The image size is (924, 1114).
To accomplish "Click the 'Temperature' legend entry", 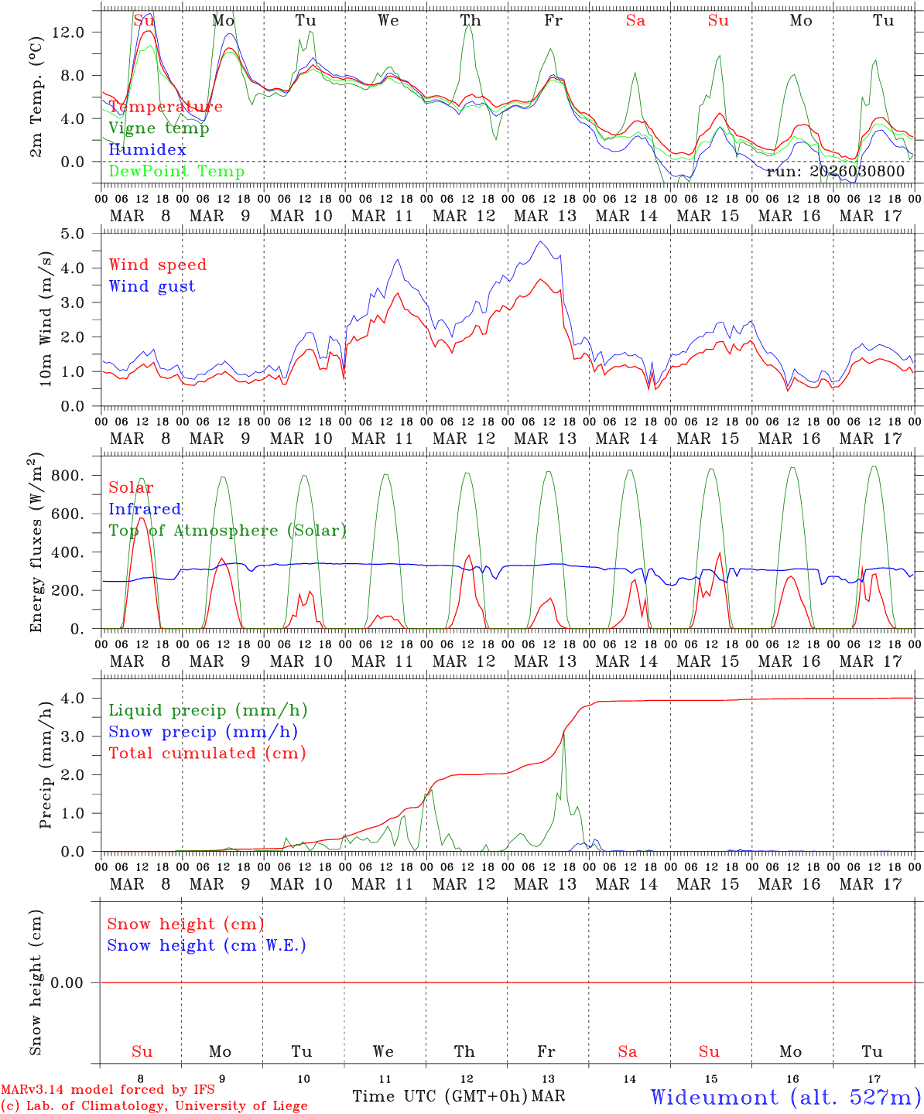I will click(166, 107).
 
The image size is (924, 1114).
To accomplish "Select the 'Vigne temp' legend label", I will click(159, 128).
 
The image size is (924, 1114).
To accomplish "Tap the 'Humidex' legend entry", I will click(147, 150).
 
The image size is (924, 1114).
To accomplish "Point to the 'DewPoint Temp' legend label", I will click(176, 172).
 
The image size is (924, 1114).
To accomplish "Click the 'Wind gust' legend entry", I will click(152, 286).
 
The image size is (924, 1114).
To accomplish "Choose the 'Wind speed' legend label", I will click(158, 265).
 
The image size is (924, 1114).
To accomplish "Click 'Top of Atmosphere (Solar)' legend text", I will click(228, 531).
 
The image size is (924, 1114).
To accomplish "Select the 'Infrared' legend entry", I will click(145, 509).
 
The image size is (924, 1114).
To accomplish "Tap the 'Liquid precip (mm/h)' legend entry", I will click(208, 710).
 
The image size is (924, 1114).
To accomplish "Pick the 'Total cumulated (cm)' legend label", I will click(207, 753).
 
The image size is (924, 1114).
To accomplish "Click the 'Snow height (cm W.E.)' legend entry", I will click(207, 945).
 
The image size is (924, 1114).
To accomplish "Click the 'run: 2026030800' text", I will click(835, 172).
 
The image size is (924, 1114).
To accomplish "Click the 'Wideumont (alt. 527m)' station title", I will click(785, 1096).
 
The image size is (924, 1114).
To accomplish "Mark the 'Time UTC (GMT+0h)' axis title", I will click(440, 1096).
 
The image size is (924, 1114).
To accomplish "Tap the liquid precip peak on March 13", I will click(563, 732).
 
